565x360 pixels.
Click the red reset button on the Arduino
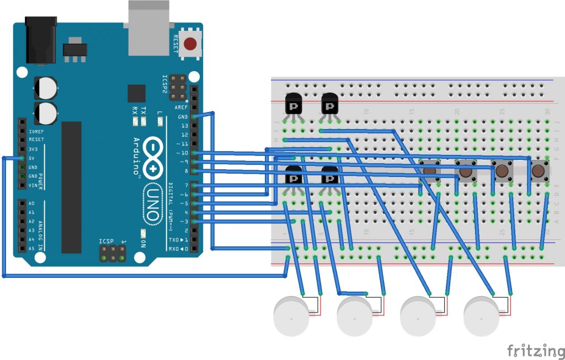tap(191, 44)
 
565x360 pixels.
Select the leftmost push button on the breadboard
tap(430, 171)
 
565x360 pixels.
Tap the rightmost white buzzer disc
tap(481, 315)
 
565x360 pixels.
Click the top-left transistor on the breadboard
tap(293, 105)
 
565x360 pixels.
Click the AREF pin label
tap(181, 107)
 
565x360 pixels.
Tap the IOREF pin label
tap(36, 131)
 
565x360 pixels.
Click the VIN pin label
tap(33, 185)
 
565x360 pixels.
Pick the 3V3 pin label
tap(33, 149)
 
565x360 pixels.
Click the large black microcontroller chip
tap(71, 187)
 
